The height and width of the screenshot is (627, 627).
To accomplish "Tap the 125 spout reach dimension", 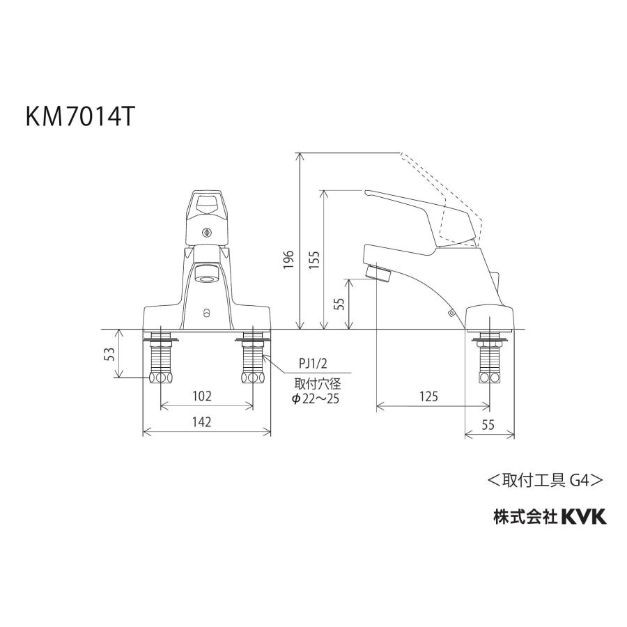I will tap(429, 396).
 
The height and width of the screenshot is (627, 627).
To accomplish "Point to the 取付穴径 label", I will tap(317, 383).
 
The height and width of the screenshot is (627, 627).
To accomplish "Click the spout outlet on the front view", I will tap(206, 274).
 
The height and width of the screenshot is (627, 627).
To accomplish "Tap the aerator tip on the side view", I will tap(378, 272).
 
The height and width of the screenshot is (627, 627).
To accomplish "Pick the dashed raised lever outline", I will tap(446, 185).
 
